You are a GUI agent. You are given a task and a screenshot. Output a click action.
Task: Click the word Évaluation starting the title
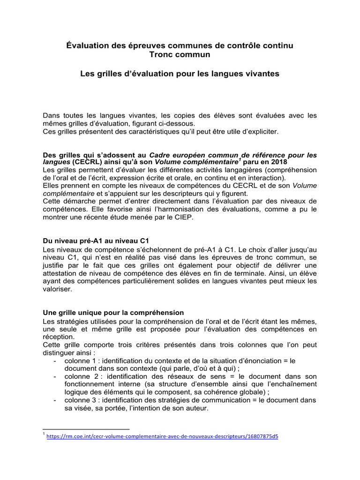[86, 46]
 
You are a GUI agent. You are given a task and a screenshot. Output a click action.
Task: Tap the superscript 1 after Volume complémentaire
[240, 159]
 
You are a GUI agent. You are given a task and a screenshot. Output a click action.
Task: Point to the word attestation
[61, 274]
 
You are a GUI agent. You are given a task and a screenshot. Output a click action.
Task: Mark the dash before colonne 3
[55, 400]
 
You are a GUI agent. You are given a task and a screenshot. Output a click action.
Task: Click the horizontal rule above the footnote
[86, 428]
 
